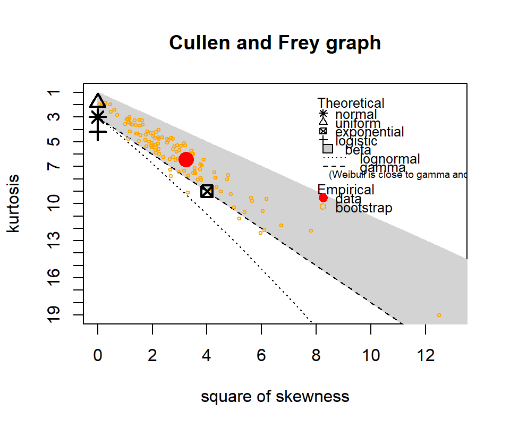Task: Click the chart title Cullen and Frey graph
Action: click(275, 42)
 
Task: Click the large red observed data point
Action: click(186, 159)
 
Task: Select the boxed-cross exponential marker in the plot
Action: click(207, 191)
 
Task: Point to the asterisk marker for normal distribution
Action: click(98, 117)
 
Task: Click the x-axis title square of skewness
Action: click(275, 396)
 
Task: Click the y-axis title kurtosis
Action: click(14, 203)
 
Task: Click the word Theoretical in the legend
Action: click(351, 103)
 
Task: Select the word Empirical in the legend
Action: click(346, 190)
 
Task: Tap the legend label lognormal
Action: click(390, 159)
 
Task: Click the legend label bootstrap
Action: click(364, 208)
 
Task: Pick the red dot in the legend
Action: click(323, 198)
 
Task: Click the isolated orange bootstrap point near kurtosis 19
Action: click(439, 315)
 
